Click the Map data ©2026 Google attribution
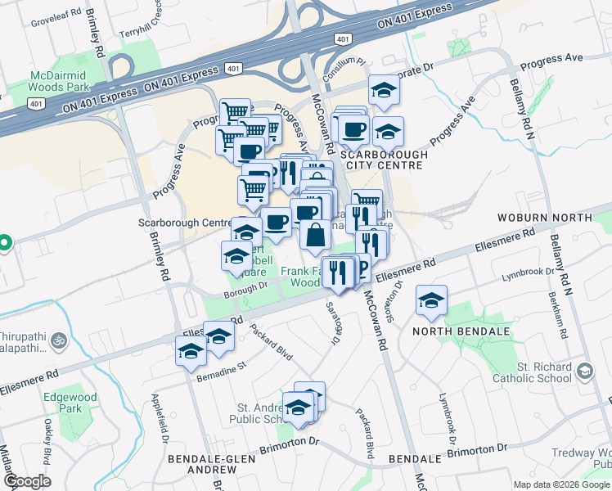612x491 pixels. point(561,484)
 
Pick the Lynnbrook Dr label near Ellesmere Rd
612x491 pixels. point(529,273)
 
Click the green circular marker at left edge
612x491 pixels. point(3,243)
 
